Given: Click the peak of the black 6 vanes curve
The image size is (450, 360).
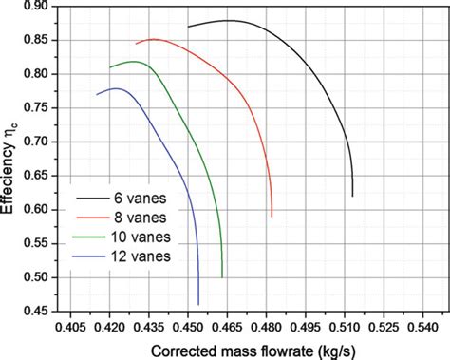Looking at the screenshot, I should (x=230, y=20).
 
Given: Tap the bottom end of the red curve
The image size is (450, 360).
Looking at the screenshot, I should (x=272, y=217).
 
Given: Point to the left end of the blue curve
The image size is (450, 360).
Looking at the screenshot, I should (x=97, y=94).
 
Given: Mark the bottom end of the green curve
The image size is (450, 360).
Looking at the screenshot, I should (x=222, y=277).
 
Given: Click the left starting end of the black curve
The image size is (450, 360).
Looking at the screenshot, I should (x=188, y=27).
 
